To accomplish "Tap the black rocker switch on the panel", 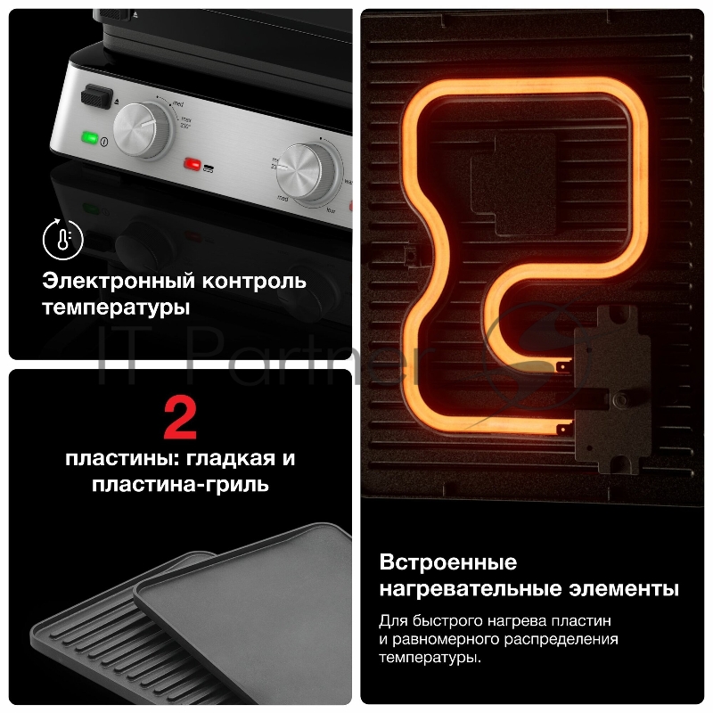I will pos(94,94).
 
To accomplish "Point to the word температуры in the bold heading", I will pos(116,308).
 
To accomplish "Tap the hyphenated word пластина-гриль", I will pos(180,486).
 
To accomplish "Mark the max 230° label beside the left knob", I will pos(186,121).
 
